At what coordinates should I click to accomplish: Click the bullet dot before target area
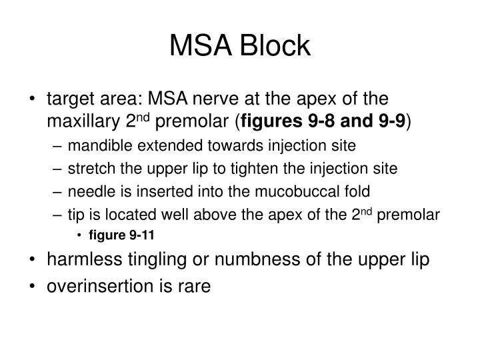(x=33, y=100)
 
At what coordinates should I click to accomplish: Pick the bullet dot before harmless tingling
(x=33, y=259)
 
